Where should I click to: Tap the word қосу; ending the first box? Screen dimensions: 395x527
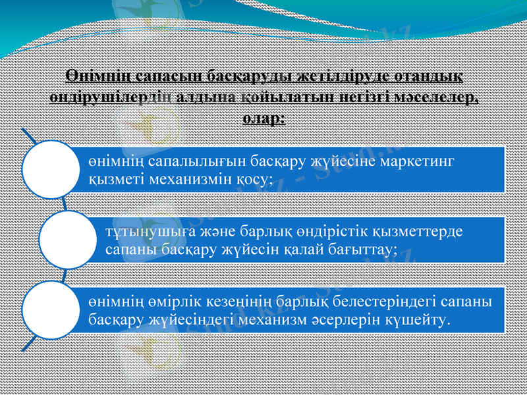click(251, 179)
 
